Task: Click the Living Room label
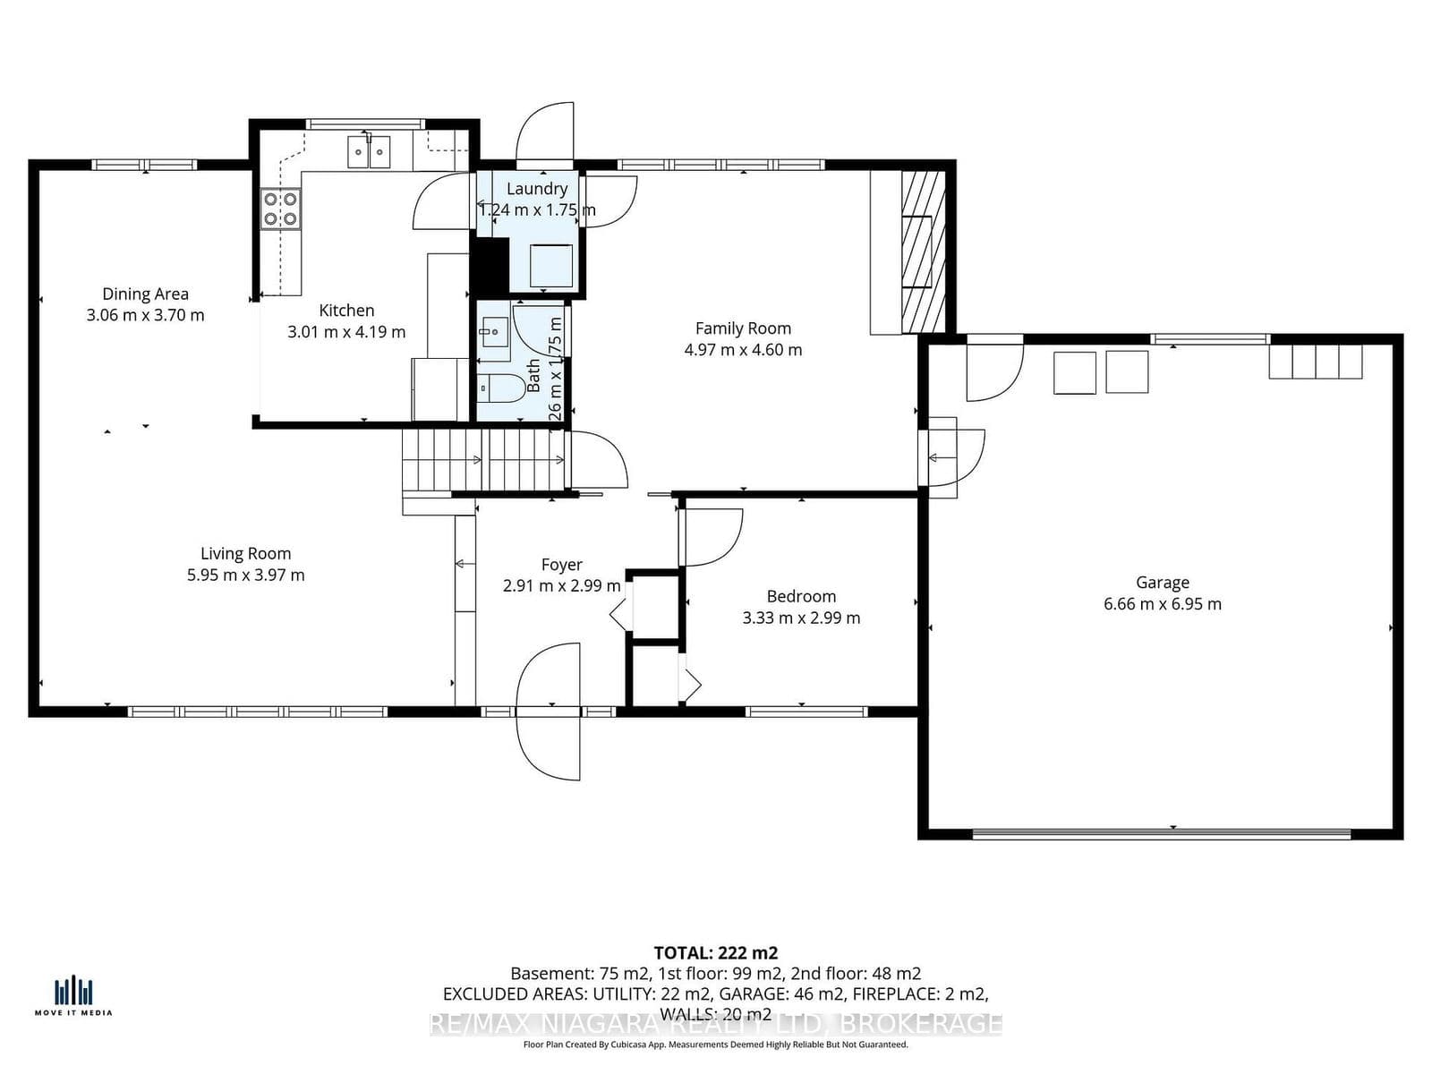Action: pyautogui.click(x=245, y=554)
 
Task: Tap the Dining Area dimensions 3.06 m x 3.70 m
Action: pyautogui.click(x=145, y=315)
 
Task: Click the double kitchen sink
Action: pyautogui.click(x=369, y=150)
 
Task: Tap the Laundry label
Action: pyautogui.click(x=536, y=189)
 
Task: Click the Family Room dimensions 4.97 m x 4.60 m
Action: pyautogui.click(x=743, y=350)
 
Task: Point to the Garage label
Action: pyautogui.click(x=1162, y=583)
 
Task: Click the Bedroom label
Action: pyautogui.click(x=801, y=596)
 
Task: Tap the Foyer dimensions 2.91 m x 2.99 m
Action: pyautogui.click(x=561, y=586)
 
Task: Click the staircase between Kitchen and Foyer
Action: pyautogui.click(x=483, y=460)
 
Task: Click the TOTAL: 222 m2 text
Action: pyautogui.click(x=715, y=952)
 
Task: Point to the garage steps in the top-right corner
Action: pyautogui.click(x=1315, y=362)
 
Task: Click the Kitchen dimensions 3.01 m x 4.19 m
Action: pyautogui.click(x=346, y=332)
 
